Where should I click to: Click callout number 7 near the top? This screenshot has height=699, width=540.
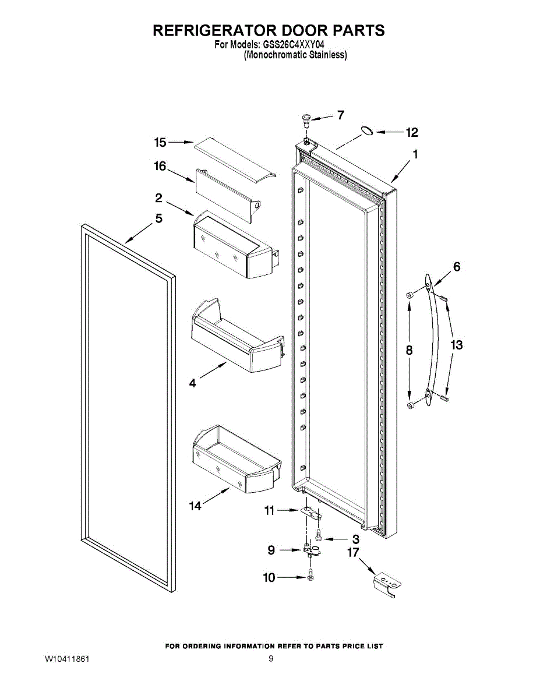[x=341, y=115]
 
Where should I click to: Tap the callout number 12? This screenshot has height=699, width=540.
[x=412, y=133]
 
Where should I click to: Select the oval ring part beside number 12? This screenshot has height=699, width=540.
[x=367, y=131]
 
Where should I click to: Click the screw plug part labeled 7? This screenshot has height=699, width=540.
[x=305, y=120]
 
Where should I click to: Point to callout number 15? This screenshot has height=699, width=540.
[x=160, y=142]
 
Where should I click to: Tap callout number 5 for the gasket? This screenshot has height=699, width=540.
[x=158, y=219]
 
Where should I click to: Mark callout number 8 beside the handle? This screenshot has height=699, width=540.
[x=409, y=350]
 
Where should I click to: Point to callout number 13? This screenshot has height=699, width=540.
[x=457, y=345]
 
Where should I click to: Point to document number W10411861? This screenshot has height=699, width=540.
[x=67, y=659]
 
